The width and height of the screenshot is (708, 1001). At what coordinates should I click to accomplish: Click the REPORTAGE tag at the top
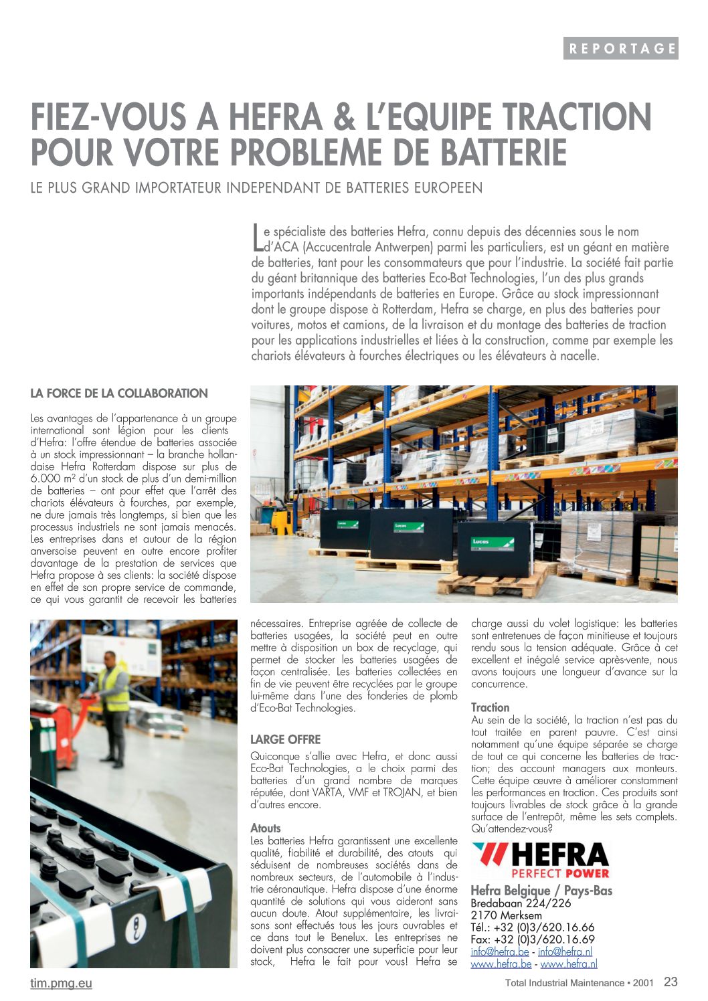[620, 48]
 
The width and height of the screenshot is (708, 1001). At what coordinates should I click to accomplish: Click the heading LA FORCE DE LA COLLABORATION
[119, 393]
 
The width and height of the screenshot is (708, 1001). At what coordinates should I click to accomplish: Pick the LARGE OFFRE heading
[285, 739]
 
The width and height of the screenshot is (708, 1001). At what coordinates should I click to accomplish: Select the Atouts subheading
[266, 828]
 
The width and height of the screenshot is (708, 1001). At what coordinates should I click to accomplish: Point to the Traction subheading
[490, 707]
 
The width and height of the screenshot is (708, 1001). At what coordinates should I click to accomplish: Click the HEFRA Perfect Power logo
[541, 860]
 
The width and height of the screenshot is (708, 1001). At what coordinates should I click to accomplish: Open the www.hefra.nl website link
[568, 964]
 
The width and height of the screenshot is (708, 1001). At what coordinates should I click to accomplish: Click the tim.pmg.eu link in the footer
[61, 983]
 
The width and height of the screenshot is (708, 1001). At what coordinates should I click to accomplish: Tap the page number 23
[671, 982]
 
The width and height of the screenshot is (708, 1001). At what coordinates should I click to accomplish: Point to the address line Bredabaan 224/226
[521, 903]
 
